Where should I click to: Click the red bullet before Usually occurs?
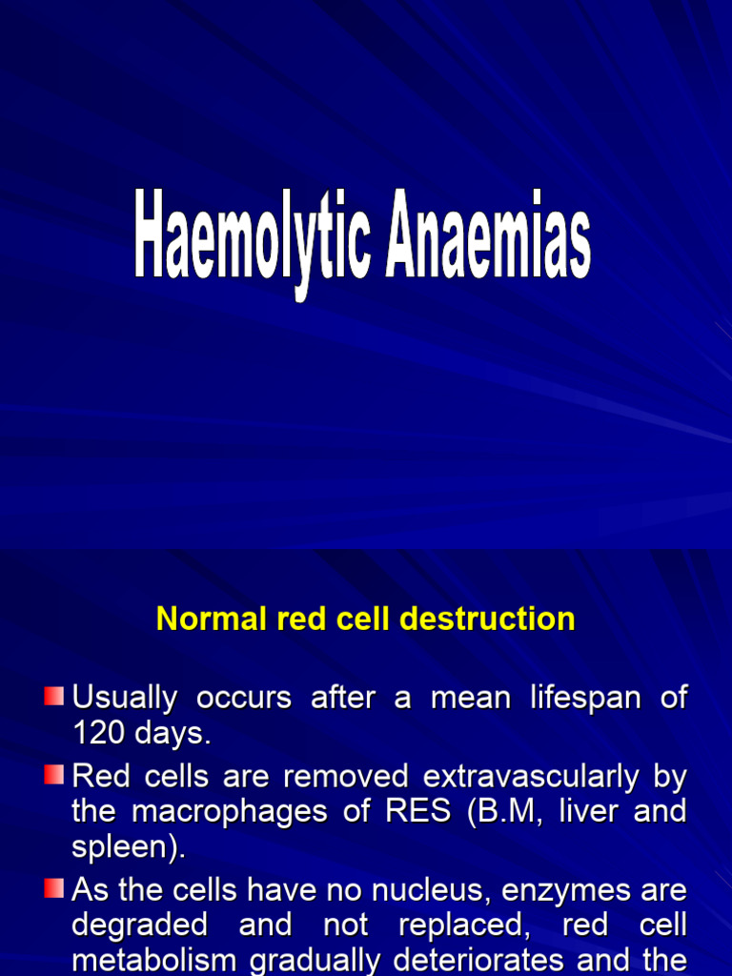click(54, 696)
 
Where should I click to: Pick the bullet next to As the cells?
click(54, 889)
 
